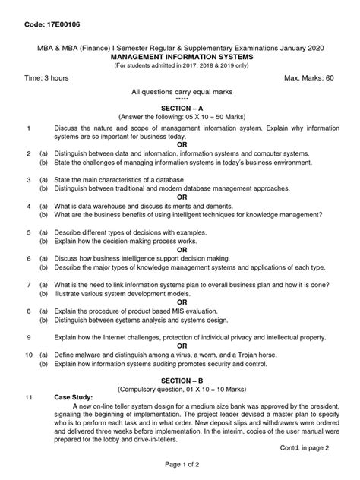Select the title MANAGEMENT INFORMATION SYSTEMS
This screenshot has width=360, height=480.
tap(180, 56)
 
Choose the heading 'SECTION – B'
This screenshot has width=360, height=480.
tap(180, 379)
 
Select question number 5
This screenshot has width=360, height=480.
tap(27, 232)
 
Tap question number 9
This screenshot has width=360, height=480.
tap(27, 336)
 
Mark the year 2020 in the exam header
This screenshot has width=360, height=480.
tap(311, 48)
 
